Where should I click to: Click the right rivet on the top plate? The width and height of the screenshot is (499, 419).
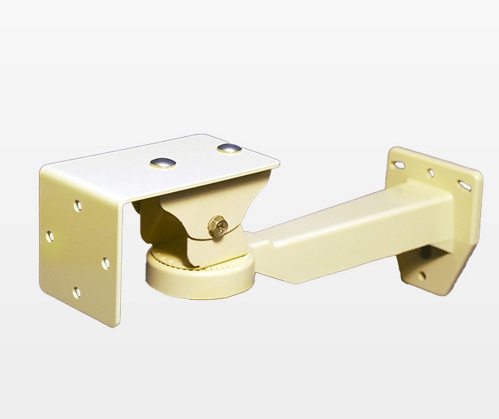tap(229, 148)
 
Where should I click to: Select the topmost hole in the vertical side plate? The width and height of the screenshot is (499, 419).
tap(78, 206)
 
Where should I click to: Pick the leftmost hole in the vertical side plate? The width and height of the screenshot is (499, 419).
tap(50, 236)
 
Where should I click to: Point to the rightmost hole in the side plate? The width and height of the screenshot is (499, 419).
tap(104, 263)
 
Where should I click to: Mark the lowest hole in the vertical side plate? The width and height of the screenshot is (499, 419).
tap(77, 293)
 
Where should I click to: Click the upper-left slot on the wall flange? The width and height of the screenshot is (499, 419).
tap(399, 165)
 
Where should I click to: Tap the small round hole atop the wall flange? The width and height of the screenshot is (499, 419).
tap(430, 173)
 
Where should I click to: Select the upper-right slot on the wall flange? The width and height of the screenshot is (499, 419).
tap(463, 186)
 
